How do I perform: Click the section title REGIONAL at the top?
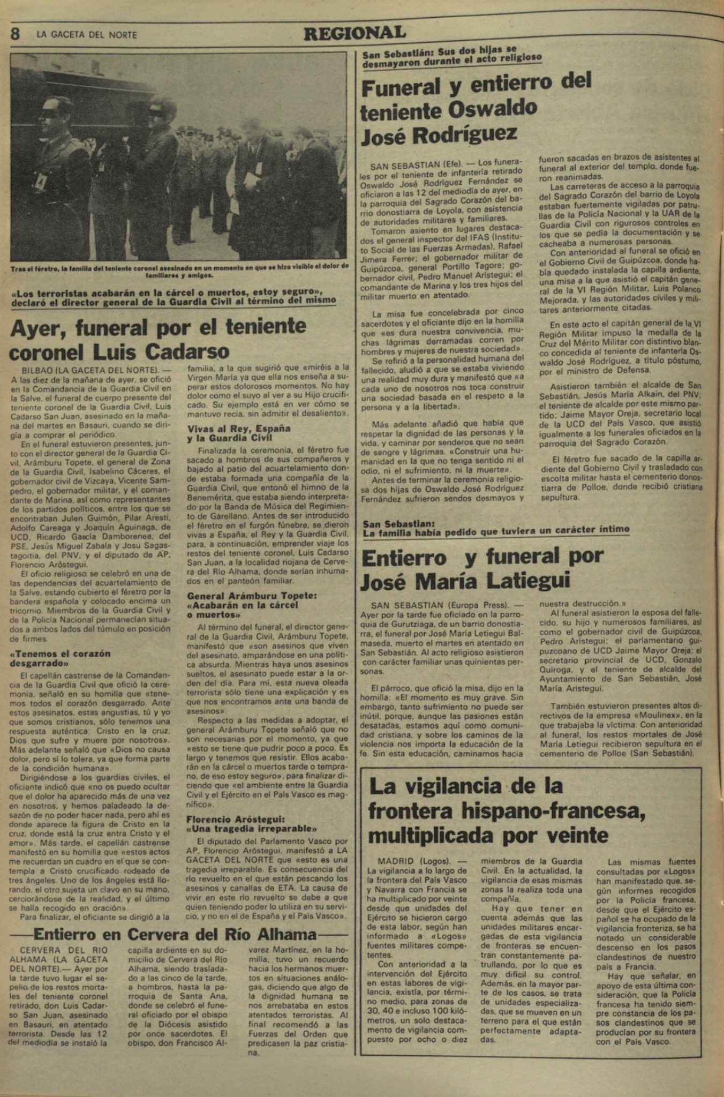point(355,33)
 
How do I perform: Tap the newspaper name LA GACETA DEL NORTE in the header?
point(87,35)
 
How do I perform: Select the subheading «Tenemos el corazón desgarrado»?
point(60,658)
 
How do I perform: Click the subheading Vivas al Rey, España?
point(239,429)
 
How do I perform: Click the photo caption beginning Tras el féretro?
point(179,270)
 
